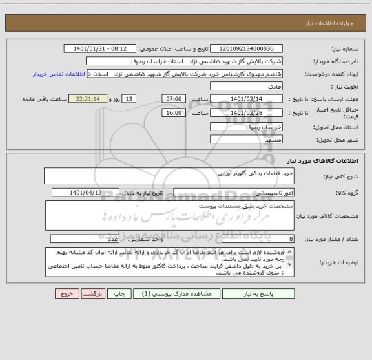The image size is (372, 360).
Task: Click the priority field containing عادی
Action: [252, 86]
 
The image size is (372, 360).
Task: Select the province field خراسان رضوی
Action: [252, 127]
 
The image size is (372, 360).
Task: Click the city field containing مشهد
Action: [252, 140]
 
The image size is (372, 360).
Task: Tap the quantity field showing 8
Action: [252, 238]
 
